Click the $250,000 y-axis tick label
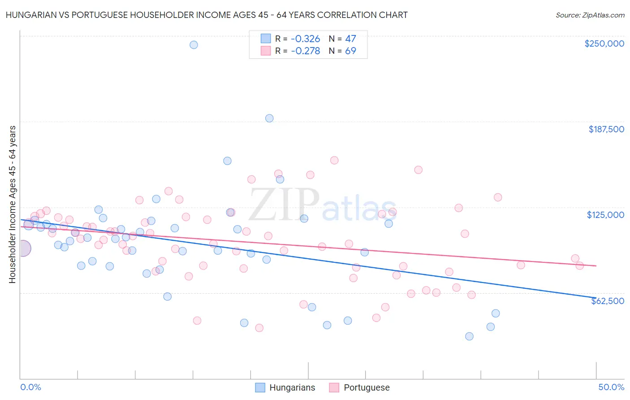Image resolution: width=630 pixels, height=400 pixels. [x=604, y=43]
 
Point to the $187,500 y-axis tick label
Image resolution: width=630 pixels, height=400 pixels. [x=606, y=129]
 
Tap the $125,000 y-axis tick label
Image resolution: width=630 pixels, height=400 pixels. [x=605, y=215]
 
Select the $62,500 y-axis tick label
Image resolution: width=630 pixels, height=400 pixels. [x=607, y=301]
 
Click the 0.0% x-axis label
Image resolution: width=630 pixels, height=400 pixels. [x=31, y=387]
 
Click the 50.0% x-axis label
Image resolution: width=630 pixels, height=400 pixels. [x=611, y=387]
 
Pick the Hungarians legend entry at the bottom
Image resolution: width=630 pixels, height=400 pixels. [x=285, y=387]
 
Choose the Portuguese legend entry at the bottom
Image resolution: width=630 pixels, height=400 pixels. [x=359, y=387]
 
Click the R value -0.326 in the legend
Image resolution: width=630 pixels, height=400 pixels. [x=305, y=39]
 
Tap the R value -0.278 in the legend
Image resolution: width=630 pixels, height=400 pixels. [x=305, y=51]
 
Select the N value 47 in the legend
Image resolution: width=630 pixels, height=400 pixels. [x=350, y=39]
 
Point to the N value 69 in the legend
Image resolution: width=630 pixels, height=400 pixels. [x=350, y=51]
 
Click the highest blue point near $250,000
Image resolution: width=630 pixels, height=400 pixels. [x=194, y=45]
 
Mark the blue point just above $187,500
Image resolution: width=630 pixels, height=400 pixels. [x=269, y=118]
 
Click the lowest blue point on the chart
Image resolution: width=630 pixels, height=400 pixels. [x=469, y=336]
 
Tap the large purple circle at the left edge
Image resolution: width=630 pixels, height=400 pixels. [x=23, y=248]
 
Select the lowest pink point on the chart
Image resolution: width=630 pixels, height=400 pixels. [x=259, y=328]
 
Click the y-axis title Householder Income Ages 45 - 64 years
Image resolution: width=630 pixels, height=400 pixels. [x=13, y=204]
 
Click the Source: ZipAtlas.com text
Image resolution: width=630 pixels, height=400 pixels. [x=590, y=15]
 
